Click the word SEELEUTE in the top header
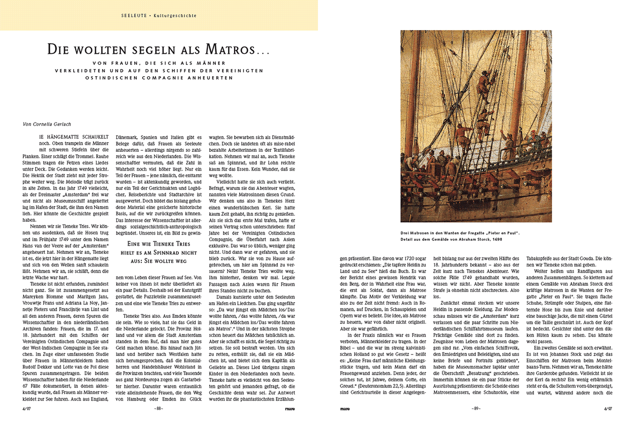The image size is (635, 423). pos(134,16)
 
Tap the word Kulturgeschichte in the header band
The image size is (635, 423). pos(174,16)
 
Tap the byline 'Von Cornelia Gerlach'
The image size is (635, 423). pos(47,123)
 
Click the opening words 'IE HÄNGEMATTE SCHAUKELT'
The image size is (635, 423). pos(75,138)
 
